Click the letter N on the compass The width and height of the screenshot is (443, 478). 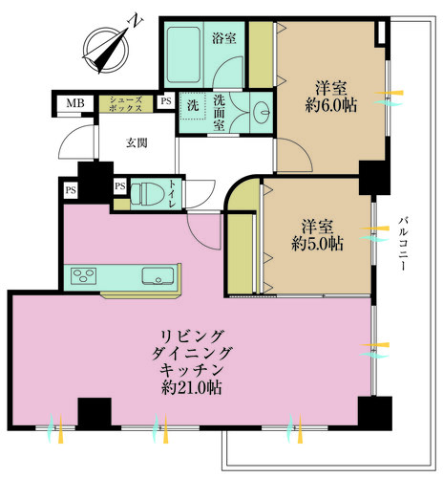point(136,22)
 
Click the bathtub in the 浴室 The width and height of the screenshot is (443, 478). point(183,54)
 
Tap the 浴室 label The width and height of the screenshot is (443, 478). point(224,38)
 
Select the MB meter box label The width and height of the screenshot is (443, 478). point(75,103)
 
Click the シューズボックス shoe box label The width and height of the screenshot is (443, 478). point(125,104)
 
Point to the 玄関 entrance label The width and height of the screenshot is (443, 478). point(137,143)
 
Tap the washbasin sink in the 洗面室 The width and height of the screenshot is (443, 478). point(264,112)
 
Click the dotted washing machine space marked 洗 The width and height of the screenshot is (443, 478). point(193,105)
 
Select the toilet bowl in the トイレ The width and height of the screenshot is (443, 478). point(148,193)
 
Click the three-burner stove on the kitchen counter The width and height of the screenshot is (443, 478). point(84,275)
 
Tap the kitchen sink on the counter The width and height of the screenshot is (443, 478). point(158,276)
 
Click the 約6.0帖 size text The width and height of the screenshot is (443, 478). point(331,105)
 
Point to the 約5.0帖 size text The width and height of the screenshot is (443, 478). point(318,244)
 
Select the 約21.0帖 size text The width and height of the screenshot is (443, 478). point(192,388)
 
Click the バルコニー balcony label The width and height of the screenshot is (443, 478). point(404,244)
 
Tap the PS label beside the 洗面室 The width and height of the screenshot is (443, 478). point(166,101)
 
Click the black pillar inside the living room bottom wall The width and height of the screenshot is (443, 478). point(95,413)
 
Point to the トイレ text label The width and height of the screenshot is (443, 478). point(173,194)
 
